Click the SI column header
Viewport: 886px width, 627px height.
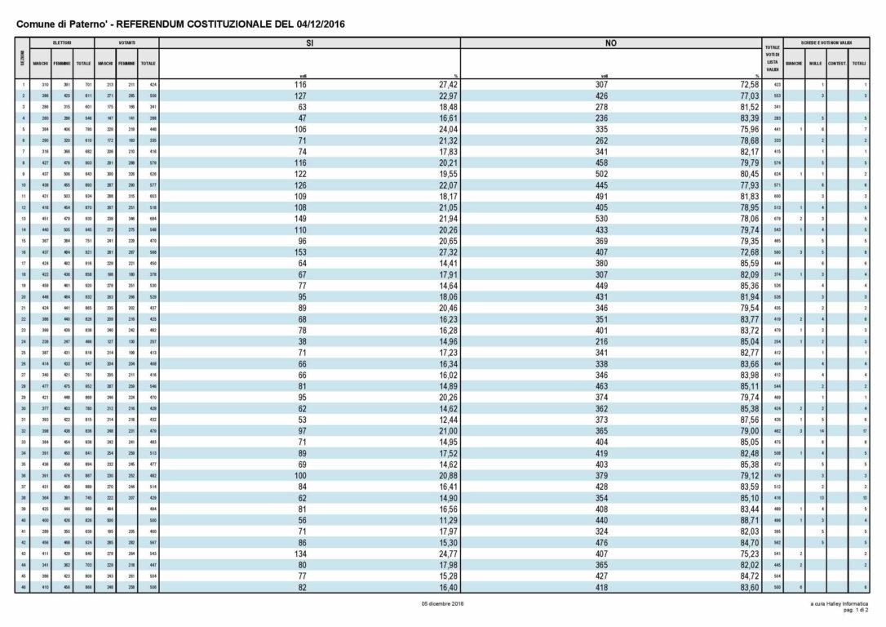pos(309,43)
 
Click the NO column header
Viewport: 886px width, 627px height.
pos(610,43)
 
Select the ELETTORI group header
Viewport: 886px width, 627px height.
pos(62,42)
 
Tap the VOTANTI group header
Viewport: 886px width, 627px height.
pos(126,42)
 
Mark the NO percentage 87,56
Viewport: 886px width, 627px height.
pos(748,420)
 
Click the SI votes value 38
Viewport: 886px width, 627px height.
pos(302,341)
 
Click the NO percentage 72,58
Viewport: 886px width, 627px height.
pos(748,84)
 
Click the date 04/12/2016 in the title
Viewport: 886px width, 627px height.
pos(316,24)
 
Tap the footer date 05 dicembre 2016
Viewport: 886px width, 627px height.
pos(443,603)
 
